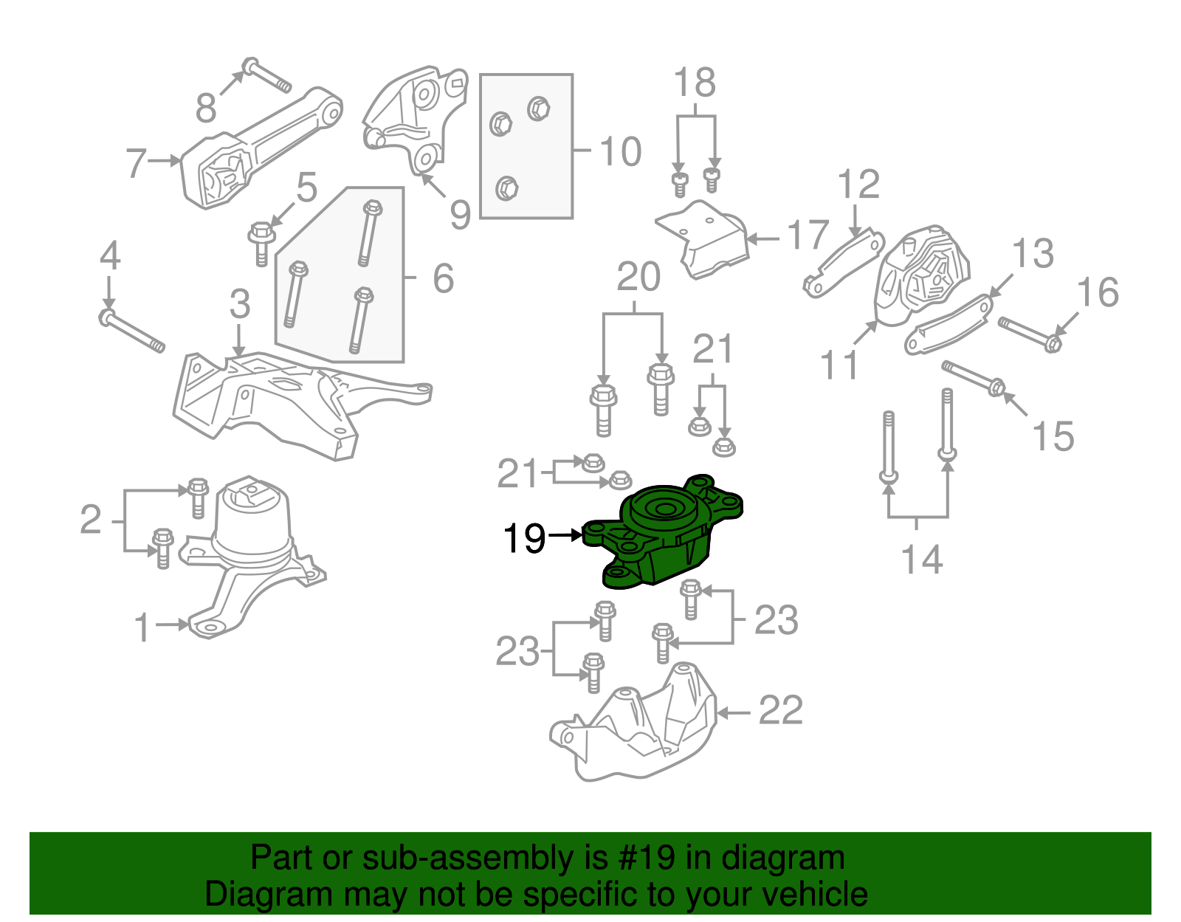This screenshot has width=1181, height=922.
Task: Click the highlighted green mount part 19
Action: pyautogui.click(x=661, y=535)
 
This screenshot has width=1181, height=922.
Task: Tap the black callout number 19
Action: pyautogui.click(x=524, y=539)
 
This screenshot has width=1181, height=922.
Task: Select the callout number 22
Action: pyautogui.click(x=780, y=711)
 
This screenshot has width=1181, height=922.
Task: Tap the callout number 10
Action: pyautogui.click(x=620, y=151)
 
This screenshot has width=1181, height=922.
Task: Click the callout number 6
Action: pyautogui.click(x=443, y=279)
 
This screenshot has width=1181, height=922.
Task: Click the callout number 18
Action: pyautogui.click(x=695, y=83)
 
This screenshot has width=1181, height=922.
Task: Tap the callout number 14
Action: pyautogui.click(x=922, y=560)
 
